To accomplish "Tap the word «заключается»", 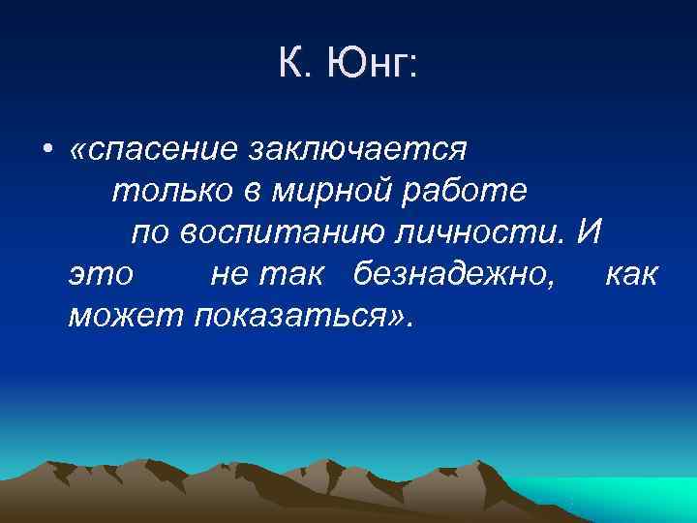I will coord(358,150).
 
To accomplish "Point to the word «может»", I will coord(127,315).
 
